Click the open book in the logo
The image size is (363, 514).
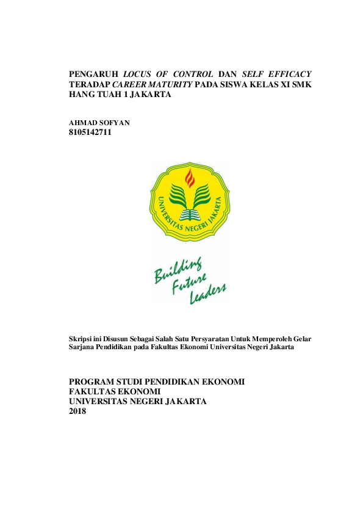tap(189, 215)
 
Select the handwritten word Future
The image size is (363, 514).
tap(189, 286)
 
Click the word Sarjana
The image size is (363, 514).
tap(83, 347)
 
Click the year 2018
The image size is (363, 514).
tap(78, 411)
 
